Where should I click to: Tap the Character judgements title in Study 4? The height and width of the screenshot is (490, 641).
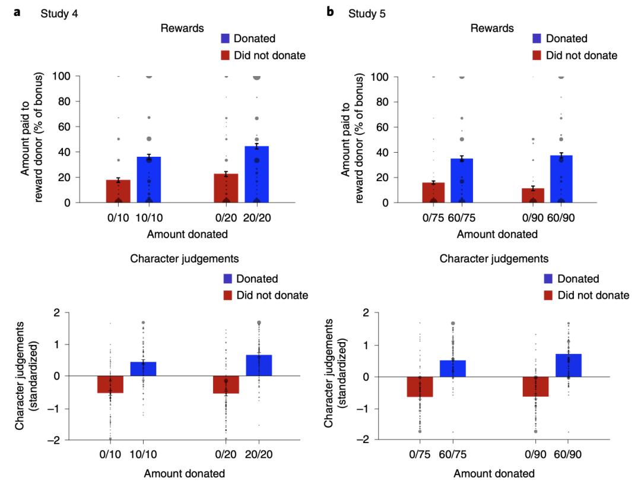(x=183, y=258)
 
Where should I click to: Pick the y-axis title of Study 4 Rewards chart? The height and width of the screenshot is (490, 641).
(x=33, y=140)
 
